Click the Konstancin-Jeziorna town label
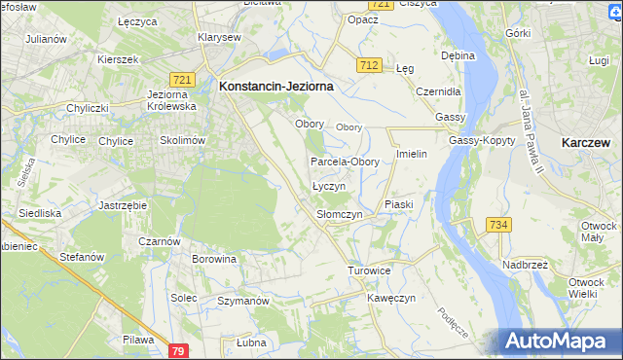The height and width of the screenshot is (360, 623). tap(276, 86)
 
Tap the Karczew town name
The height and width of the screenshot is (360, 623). tap(586, 142)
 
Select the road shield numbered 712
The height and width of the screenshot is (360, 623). tap(368, 65)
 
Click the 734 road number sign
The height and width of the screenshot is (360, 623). tap(499, 225)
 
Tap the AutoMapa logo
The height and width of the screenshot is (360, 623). tap(559, 342)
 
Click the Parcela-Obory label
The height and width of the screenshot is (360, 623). tap(345, 162)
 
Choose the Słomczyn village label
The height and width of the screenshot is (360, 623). tap(340, 214)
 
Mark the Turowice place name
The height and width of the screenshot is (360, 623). tap(369, 270)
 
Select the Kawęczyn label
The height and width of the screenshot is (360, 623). tap(392, 298)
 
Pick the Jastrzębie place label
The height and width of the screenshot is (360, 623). tap(123, 206)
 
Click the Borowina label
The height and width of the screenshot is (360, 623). tap(214, 260)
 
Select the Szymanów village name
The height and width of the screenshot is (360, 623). tap(242, 302)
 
